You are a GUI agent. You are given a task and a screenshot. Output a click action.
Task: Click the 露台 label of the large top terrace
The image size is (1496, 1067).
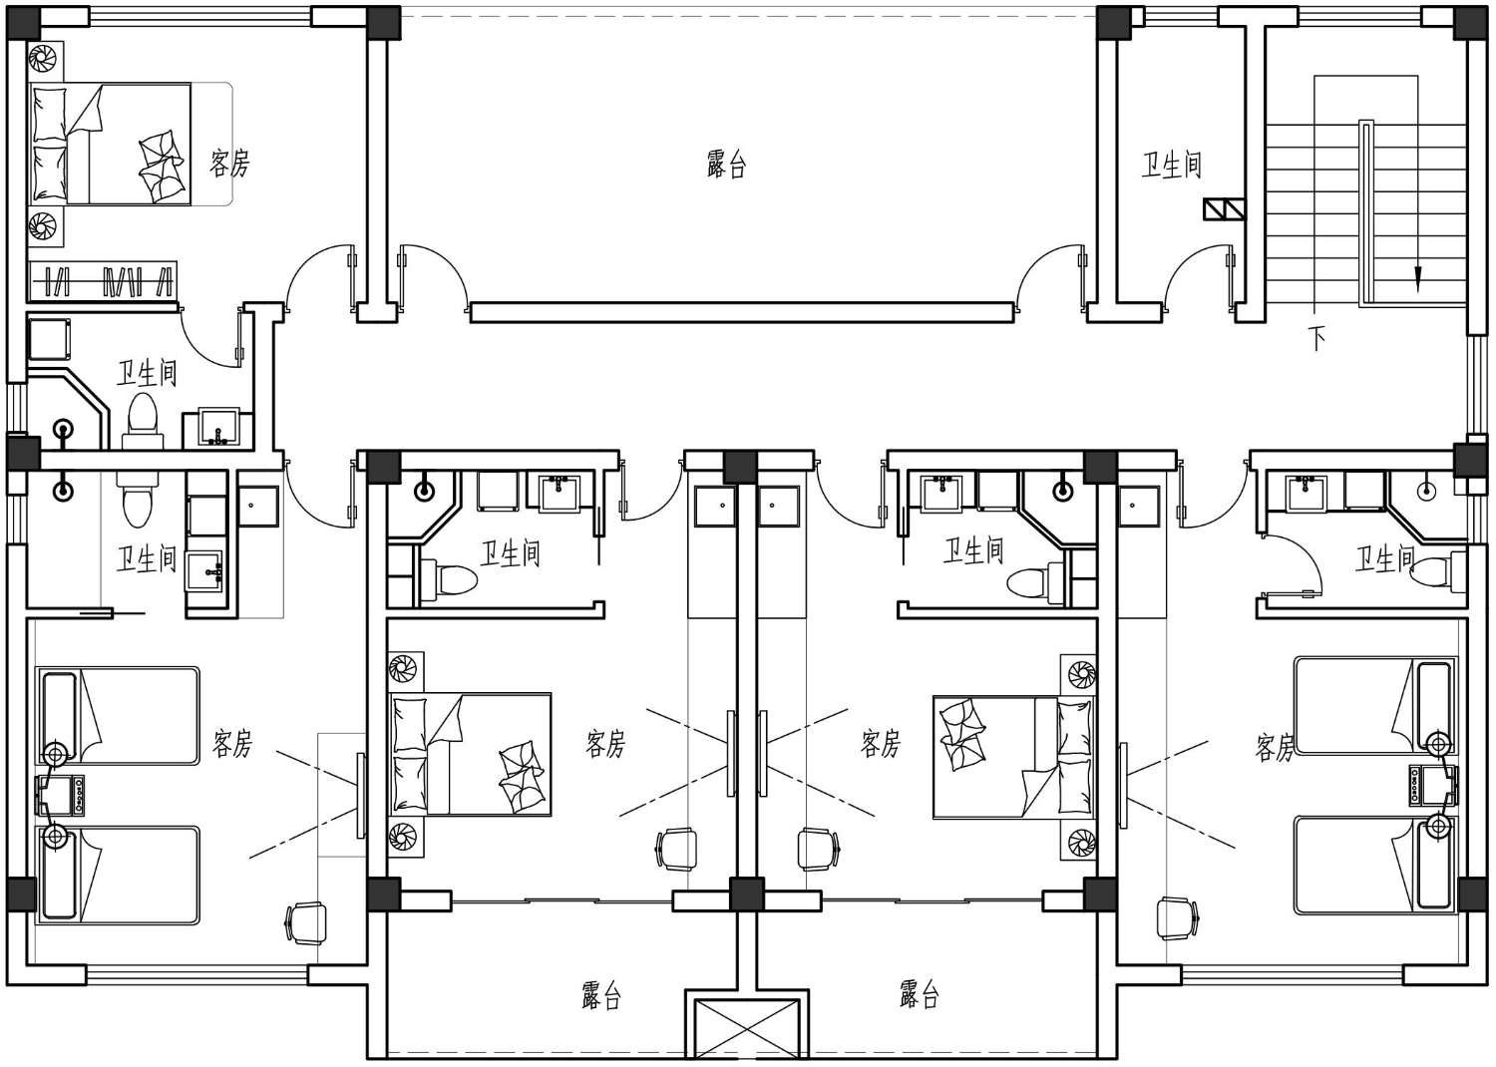point(726,165)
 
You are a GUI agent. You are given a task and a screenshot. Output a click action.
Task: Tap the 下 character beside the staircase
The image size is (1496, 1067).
point(1316,338)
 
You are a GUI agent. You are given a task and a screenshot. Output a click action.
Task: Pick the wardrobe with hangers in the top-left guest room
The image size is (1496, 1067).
point(103,281)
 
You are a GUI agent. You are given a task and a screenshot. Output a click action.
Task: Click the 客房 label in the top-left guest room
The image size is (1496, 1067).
point(229,163)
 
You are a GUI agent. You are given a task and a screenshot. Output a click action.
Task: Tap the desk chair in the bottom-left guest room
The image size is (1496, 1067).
point(306,922)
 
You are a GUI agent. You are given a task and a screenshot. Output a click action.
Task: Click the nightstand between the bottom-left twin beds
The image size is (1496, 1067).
point(60,795)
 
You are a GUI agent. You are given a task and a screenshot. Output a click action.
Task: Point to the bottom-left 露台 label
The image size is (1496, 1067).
point(601,995)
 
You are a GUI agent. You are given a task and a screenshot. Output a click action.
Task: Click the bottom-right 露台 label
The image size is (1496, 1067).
point(919,994)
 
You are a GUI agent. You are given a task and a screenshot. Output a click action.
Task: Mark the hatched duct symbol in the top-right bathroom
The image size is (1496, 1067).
point(1224,209)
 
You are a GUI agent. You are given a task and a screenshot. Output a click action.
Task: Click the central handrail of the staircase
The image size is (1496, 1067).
point(1366,213)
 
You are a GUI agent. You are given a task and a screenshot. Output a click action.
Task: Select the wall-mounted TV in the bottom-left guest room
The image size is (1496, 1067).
point(361,795)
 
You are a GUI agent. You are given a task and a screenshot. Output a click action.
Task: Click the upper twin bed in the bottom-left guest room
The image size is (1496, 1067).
point(118,715)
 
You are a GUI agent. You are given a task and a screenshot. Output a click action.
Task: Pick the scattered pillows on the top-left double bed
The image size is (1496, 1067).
point(161,166)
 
